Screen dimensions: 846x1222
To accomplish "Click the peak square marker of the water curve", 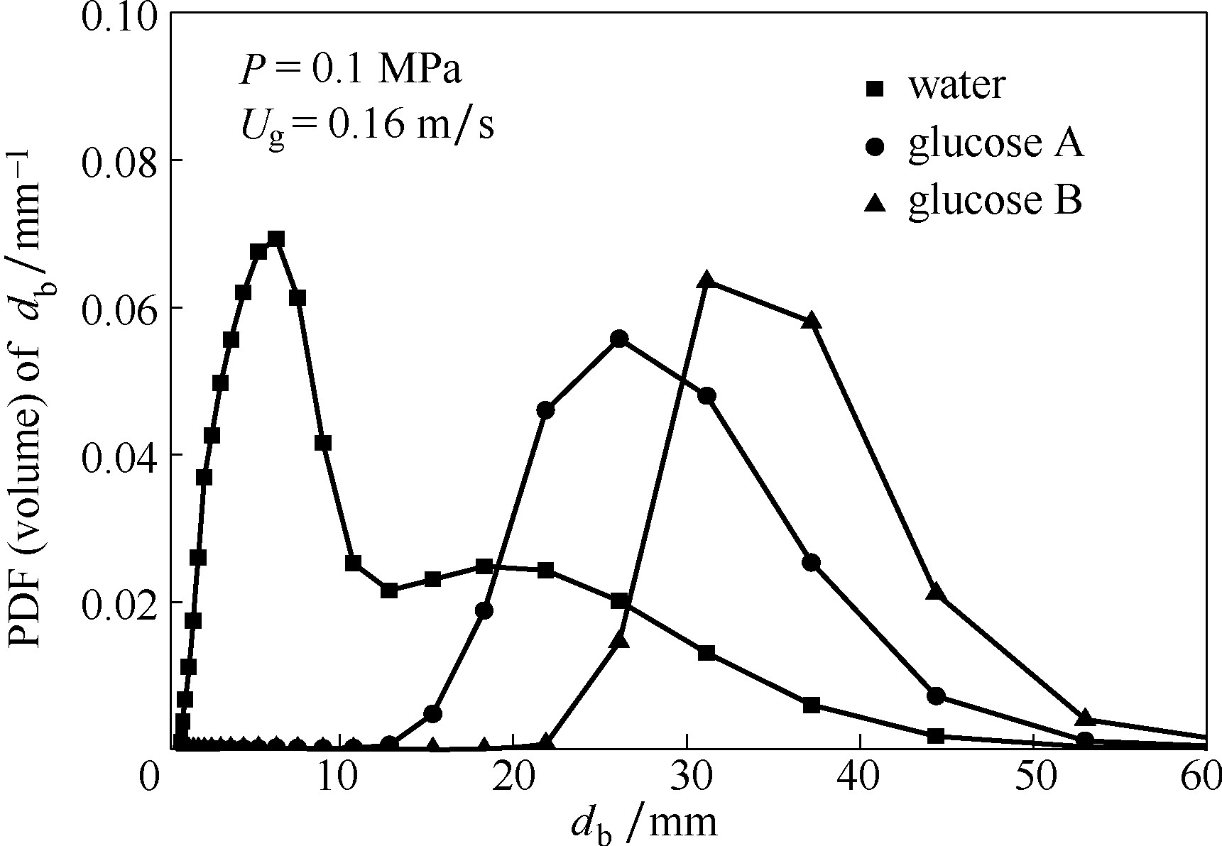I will pos(276,239).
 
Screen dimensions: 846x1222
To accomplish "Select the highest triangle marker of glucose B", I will pos(706,280).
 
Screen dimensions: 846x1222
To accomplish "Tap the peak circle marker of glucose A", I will pos(619,339).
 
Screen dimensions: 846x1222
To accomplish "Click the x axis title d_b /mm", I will pos(643,822).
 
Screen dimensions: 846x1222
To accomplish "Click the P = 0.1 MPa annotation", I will pos(350,72).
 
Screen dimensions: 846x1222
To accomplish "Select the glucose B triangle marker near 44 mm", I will pos(936,591).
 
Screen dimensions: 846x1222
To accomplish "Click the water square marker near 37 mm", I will pos(812,705).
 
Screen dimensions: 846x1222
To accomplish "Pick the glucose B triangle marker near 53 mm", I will pos(1084,717).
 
